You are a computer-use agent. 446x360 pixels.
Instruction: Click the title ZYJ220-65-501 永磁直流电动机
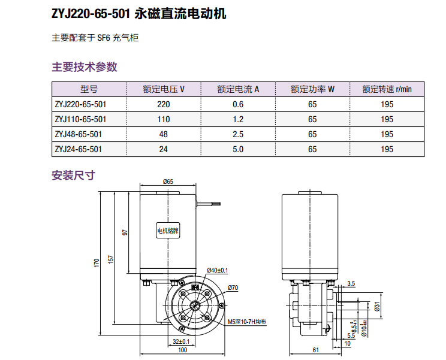[x=139, y=14]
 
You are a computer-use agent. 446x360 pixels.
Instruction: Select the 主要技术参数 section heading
[x=85, y=66]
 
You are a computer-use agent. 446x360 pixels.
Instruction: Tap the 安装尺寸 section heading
[x=74, y=176]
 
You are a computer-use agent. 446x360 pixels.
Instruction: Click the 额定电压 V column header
[x=163, y=89]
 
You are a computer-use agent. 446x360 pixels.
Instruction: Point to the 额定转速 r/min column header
[x=387, y=89]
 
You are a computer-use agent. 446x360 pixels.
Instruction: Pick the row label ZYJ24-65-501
[x=79, y=149]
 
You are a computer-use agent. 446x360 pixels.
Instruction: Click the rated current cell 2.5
[x=237, y=134]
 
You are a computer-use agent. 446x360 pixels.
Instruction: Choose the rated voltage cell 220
[x=163, y=104]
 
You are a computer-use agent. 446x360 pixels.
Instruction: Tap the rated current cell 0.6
[x=237, y=104]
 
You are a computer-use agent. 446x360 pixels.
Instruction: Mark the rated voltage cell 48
[x=163, y=134]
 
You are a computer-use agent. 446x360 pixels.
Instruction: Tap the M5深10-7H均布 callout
[x=247, y=322]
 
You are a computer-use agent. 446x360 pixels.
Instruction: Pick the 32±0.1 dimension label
[x=180, y=341]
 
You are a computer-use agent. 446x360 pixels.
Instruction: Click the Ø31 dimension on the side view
[x=377, y=307]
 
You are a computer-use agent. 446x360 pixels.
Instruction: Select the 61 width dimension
[x=315, y=350]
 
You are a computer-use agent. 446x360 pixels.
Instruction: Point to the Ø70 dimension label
[x=233, y=288]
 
